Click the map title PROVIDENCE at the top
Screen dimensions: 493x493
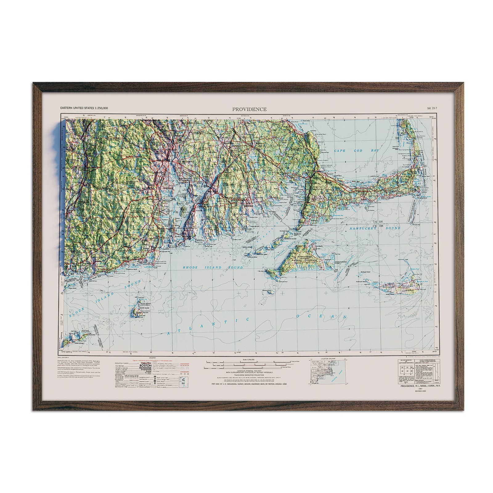249,109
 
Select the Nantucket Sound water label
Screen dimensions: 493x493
375,229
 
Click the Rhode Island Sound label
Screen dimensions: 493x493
213,267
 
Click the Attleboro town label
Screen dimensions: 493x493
189,133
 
